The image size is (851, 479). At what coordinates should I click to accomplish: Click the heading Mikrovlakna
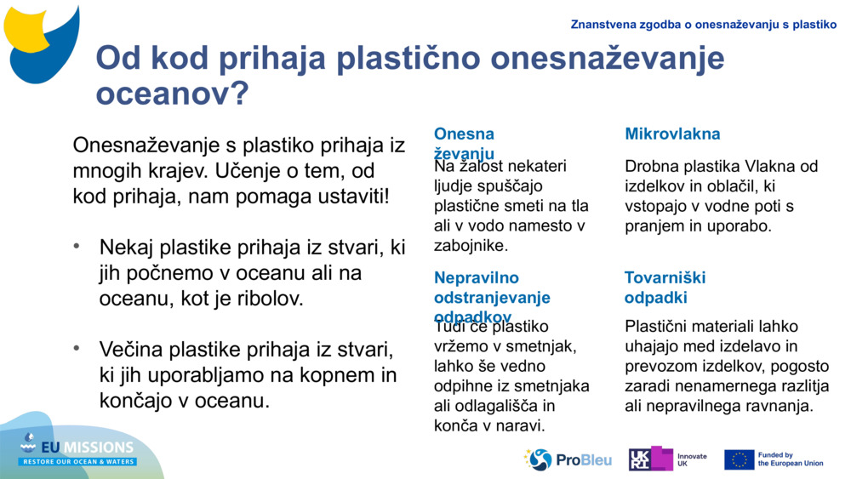point(672,134)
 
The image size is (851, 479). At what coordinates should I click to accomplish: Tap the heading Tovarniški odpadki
point(665,288)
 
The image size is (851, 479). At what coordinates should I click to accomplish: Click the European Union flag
point(739,459)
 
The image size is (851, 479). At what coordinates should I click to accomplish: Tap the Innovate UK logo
point(667,459)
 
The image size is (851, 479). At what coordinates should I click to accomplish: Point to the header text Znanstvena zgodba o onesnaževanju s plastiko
point(703,25)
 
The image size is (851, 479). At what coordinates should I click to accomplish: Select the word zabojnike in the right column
point(470,246)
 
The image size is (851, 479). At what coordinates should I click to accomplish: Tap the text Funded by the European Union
point(791,459)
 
